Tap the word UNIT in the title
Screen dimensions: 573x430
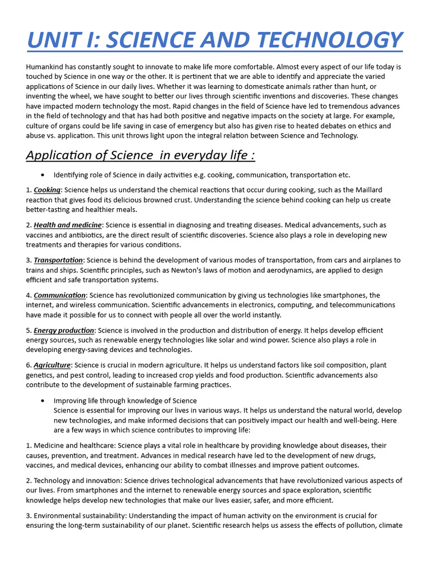point(55,40)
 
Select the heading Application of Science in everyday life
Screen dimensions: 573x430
point(140,155)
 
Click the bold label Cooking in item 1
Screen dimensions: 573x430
point(47,190)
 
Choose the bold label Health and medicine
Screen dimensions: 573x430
point(68,225)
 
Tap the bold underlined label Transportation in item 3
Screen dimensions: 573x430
point(58,260)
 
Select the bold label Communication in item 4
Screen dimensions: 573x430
point(59,295)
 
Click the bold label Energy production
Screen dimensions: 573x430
point(64,330)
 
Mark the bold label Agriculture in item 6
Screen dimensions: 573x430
point(52,365)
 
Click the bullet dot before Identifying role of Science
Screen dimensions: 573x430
point(43,175)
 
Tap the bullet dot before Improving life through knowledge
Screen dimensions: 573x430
point(43,401)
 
